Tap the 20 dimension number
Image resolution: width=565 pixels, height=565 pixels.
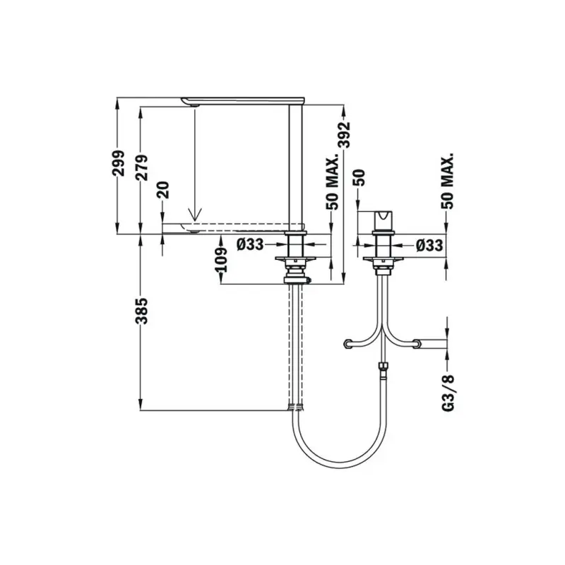(164, 189)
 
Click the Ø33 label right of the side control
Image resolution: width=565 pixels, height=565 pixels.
(429, 245)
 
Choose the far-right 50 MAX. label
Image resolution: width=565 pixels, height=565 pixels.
(446, 180)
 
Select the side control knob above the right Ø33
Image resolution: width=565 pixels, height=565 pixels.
(381, 220)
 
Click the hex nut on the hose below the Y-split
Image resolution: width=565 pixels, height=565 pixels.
(383, 367)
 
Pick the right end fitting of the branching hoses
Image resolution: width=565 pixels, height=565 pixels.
(418, 344)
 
